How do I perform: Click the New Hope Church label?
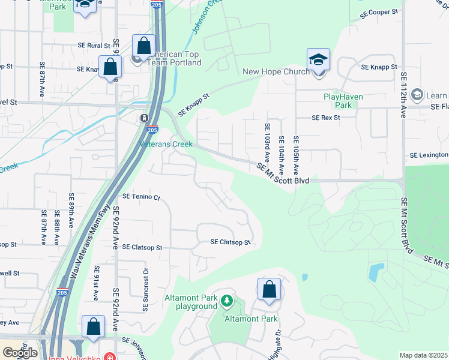[276, 72]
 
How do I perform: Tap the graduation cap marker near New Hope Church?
[318, 61]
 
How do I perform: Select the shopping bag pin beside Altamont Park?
[269, 290]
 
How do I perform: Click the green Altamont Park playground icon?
[226, 300]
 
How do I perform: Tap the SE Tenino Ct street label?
[142, 196]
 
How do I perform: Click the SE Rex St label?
[325, 118]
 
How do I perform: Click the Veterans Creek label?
[166, 144]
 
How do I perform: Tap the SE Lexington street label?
[429, 155]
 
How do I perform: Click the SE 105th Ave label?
[296, 147]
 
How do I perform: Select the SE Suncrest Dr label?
[145, 289]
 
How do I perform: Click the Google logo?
[20, 353]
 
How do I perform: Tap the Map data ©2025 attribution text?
[424, 355]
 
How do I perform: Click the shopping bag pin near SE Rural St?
[143, 45]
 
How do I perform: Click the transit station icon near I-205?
[145, 118]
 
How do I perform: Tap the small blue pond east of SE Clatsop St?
[306, 277]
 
